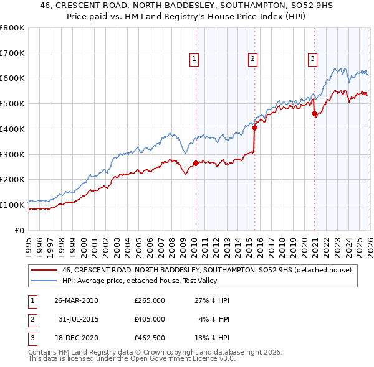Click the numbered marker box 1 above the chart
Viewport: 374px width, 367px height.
tap(194, 59)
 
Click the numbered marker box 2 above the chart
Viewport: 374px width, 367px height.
tap(253, 59)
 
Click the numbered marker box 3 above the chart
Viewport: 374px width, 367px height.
tap(312, 59)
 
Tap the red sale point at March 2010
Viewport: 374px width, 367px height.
tap(196, 164)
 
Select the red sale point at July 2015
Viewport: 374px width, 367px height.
tap(255, 128)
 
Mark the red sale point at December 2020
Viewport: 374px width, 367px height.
tap(315, 114)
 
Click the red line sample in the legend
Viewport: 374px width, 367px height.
tap(44, 270)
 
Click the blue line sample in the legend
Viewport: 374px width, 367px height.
tap(44, 281)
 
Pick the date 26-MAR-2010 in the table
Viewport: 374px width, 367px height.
tap(77, 300)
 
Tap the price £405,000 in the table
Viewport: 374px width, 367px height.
tap(150, 319)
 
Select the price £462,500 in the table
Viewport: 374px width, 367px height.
tap(150, 338)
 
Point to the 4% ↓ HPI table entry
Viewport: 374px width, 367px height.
tap(214, 319)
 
